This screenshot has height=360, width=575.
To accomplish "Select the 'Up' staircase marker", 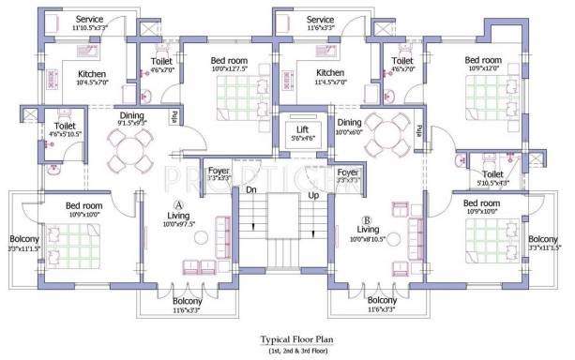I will pyautogui.click(x=312, y=197).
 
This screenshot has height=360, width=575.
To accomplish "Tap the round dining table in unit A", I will pyautogui.click(x=130, y=148).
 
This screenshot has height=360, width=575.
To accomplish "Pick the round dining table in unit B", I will pyautogui.click(x=386, y=134).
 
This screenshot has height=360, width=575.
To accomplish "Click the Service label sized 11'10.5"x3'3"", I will pyautogui.click(x=90, y=20).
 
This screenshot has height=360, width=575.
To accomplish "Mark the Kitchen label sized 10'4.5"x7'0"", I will pyautogui.click(x=92, y=74).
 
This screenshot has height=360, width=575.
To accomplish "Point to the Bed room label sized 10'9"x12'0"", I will pyautogui.click(x=483, y=61).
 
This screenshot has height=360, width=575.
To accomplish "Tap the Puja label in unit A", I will pyautogui.click(x=174, y=115).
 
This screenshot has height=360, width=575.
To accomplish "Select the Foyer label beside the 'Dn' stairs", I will pyautogui.click(x=219, y=171).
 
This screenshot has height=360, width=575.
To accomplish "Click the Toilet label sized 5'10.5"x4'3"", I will pyautogui.click(x=492, y=174).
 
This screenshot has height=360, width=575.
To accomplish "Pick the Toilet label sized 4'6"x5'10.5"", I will pyautogui.click(x=65, y=125).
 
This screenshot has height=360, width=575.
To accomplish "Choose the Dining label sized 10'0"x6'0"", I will pyautogui.click(x=349, y=122).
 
